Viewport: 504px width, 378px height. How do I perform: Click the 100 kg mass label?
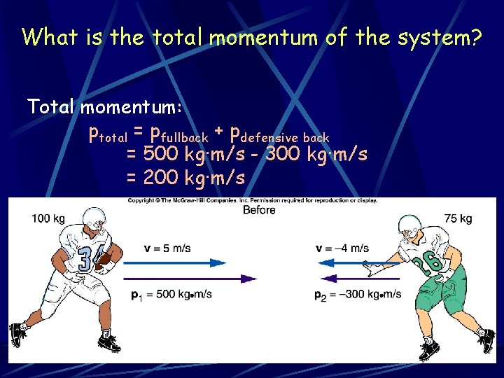click(x=48, y=219)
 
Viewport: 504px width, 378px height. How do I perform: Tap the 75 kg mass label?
click(x=458, y=219)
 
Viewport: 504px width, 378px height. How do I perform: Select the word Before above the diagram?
click(x=258, y=210)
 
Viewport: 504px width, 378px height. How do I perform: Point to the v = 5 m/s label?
click(x=167, y=248)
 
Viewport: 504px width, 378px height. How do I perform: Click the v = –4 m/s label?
click(x=342, y=248)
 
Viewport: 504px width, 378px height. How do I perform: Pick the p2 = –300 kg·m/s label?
click(x=358, y=294)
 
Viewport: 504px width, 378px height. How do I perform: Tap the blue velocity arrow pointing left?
click(x=349, y=262)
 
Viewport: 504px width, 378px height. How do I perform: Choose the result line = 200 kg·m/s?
click(x=185, y=178)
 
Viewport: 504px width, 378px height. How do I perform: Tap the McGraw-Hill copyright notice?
click(x=252, y=201)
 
